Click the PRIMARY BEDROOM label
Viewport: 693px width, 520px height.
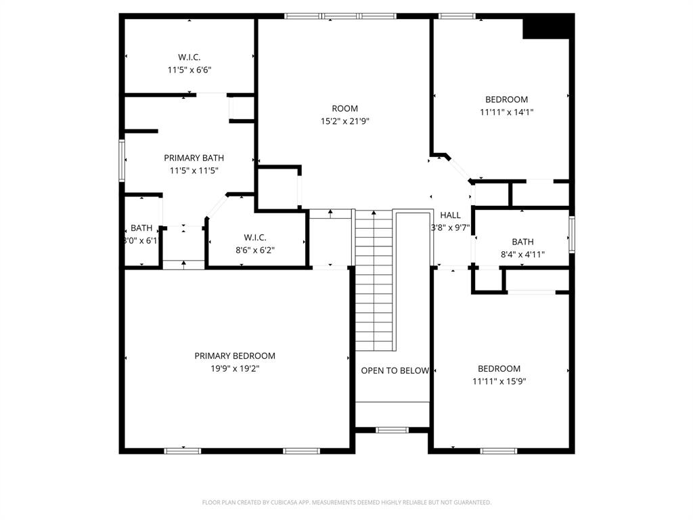235,355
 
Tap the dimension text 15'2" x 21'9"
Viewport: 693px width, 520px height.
344,121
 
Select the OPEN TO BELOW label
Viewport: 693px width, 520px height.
395,370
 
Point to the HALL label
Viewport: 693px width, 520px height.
450,215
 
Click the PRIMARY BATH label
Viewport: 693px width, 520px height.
194,158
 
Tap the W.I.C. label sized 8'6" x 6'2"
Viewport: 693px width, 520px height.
254,237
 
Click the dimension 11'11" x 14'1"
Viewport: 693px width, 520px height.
506,112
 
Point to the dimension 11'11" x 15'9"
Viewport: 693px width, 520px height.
499,381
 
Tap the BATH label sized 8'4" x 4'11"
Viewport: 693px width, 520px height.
522,242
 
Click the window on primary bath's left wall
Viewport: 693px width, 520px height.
122,160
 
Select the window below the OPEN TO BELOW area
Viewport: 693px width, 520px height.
392,429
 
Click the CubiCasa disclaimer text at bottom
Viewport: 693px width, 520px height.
346,502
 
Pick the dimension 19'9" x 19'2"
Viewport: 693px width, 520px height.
235,368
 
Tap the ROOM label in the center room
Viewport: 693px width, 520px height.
344,108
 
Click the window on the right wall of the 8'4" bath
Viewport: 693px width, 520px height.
572,234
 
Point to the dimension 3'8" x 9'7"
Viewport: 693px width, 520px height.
450,228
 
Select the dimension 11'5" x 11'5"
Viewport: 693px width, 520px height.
194,171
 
